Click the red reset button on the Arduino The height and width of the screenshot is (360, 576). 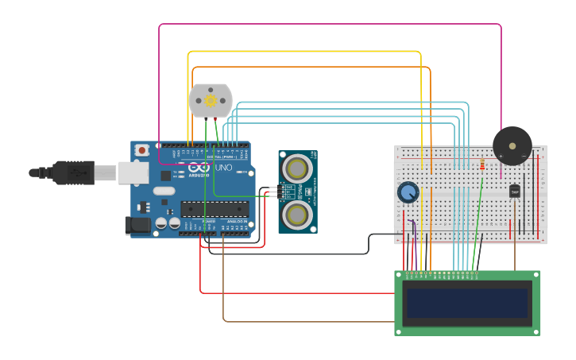(141, 149)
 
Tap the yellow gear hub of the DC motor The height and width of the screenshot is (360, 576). (211, 101)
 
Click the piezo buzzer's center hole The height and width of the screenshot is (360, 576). (512, 145)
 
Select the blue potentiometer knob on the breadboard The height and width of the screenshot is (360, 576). (408, 192)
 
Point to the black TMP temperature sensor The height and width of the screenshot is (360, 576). (515, 192)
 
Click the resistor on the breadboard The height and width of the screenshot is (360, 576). (483, 165)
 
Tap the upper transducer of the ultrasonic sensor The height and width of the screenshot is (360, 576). (297, 168)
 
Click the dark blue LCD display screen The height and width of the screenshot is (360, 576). (466, 303)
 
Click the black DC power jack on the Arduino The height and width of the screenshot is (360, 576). (137, 226)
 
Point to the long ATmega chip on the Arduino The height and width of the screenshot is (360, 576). (214, 209)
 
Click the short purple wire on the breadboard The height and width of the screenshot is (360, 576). (414, 230)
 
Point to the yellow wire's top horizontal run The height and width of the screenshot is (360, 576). (302, 52)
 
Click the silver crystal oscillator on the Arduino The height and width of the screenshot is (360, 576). (164, 191)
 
